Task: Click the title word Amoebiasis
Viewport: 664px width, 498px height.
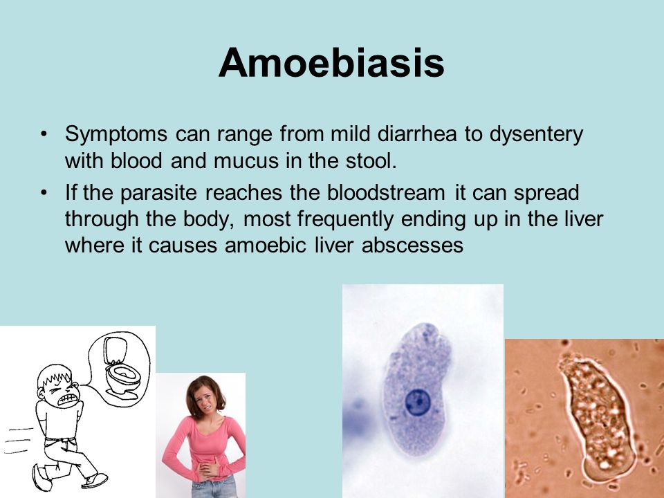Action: tap(331, 63)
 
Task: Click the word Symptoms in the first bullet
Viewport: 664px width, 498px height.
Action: tap(116, 135)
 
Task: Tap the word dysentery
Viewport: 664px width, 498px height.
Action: tap(537, 135)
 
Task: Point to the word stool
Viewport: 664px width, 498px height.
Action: tap(371, 161)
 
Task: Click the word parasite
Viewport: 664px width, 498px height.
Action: tap(159, 194)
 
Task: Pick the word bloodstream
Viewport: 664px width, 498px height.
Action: tap(386, 193)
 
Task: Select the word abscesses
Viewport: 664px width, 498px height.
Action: tap(412, 245)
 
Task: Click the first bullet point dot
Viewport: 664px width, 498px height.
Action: tap(44, 135)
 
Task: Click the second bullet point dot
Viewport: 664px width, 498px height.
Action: tap(44, 193)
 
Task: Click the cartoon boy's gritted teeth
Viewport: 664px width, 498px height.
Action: tap(68, 399)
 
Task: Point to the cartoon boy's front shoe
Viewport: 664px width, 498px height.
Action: tap(95, 480)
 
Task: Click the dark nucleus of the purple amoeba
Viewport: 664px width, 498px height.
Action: tap(418, 402)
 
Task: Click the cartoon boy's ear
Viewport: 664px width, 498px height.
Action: tap(41, 393)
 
